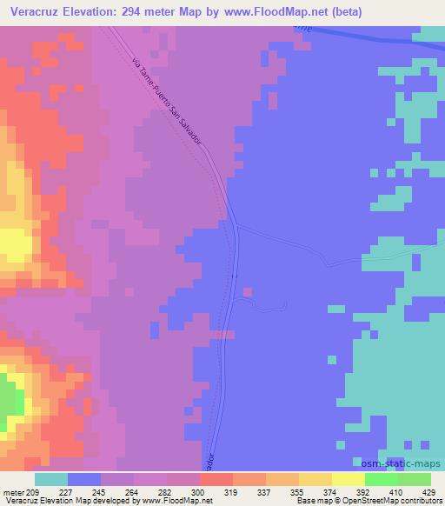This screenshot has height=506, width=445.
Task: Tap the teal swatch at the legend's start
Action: coord(50,479)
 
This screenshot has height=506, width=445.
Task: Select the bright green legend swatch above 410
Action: coord(382,479)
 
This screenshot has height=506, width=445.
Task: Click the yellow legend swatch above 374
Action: coord(349,479)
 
